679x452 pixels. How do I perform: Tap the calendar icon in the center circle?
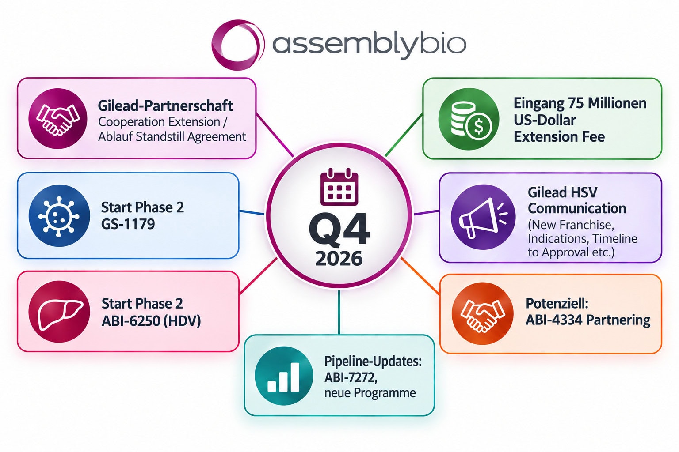click(x=339, y=187)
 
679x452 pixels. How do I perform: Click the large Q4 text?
click(x=339, y=229)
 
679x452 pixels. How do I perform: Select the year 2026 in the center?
click(x=339, y=259)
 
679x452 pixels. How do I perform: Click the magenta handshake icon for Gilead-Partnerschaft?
click(x=58, y=118)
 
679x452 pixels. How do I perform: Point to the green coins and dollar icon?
click(x=469, y=119)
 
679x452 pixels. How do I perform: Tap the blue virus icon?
click(x=59, y=215)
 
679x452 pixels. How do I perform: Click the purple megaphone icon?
click(x=483, y=217)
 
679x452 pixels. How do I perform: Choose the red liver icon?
click(x=59, y=312)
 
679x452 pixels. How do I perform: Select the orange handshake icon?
click(x=482, y=313)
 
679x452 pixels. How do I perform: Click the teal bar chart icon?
click(x=284, y=376)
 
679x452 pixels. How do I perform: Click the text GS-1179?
click(x=128, y=224)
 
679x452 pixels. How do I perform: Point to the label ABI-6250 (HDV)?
click(x=151, y=321)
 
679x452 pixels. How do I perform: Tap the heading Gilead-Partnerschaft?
click(x=165, y=106)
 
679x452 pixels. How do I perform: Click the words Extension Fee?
click(x=559, y=137)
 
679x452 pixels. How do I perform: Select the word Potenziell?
click(x=557, y=304)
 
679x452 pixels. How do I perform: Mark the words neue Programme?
click(x=370, y=393)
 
